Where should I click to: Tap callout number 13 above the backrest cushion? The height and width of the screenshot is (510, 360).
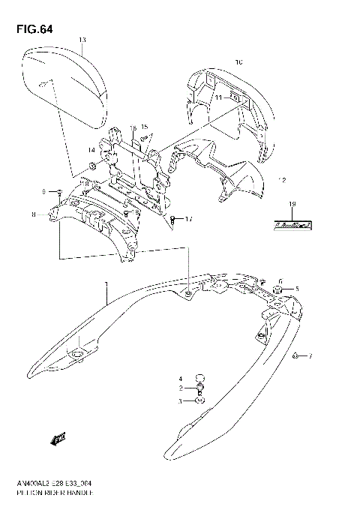click(x=82, y=39)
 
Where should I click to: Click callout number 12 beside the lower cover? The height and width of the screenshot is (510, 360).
click(x=282, y=180)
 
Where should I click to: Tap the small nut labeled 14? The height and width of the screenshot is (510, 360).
click(x=91, y=164)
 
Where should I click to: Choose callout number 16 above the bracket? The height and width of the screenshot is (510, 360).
click(x=133, y=127)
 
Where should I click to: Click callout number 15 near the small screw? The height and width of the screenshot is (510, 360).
click(x=144, y=127)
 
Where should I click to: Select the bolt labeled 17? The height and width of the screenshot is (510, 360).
click(x=173, y=220)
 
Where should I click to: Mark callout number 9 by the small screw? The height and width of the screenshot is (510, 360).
click(x=44, y=190)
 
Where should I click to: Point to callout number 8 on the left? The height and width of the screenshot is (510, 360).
click(x=34, y=216)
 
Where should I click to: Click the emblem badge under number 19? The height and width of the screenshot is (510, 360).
click(x=292, y=223)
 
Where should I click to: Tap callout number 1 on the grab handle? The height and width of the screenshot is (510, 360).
click(x=107, y=284)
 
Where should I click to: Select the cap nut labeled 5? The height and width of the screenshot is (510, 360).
click(x=278, y=289)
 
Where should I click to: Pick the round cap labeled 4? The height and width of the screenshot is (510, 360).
click(x=199, y=378)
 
